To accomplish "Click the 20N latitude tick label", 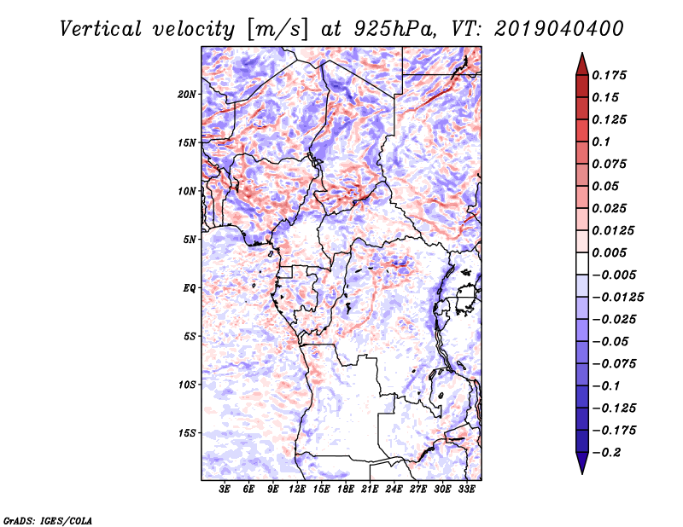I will (x=187, y=94).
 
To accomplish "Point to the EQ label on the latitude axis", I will (x=190, y=287).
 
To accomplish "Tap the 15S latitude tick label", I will (x=187, y=432).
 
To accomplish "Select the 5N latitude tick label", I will (x=190, y=239).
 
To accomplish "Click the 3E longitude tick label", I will (x=225, y=489).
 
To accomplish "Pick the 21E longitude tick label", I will (x=371, y=489).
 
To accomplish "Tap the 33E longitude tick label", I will (x=467, y=489).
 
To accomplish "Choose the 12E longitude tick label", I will (x=298, y=489).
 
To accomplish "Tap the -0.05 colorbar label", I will (x=611, y=341).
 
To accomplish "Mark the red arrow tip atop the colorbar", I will (x=581, y=57).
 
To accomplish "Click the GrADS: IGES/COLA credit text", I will (x=47, y=519).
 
